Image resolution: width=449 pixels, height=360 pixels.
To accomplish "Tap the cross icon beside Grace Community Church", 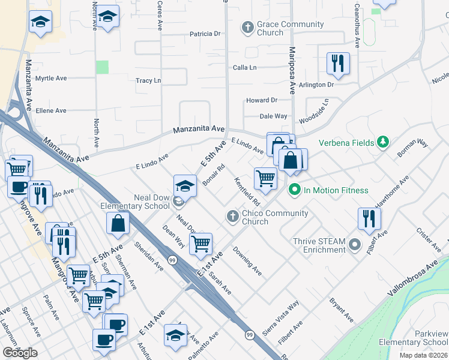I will click(247, 27).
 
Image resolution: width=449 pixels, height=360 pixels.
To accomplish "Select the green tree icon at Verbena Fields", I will click(382, 142).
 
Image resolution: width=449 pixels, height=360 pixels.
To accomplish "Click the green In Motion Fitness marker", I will click(294, 190).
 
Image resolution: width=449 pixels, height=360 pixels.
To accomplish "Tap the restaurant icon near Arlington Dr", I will click(338, 64).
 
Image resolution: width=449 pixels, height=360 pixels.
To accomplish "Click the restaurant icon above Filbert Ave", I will click(369, 218).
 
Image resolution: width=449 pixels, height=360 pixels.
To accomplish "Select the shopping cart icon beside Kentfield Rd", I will click(265, 178).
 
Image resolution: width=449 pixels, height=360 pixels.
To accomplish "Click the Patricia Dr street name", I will click(205, 34).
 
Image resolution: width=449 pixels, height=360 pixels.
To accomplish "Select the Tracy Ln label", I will click(148, 80).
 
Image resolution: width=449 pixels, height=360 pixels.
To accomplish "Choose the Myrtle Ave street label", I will click(51, 79).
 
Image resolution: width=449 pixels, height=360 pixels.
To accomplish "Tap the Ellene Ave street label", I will click(51, 111).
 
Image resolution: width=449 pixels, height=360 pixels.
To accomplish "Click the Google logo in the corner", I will click(20, 353).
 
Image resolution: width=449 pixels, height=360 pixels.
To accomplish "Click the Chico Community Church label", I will click(275, 217).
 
